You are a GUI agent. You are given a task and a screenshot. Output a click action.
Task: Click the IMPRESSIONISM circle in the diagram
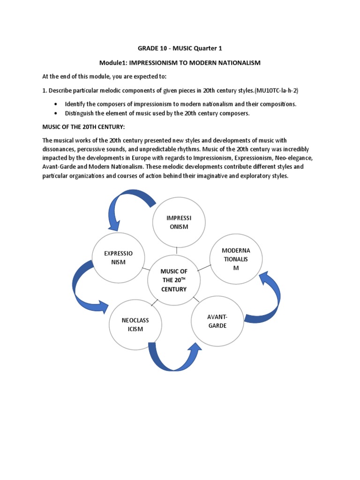[177, 222]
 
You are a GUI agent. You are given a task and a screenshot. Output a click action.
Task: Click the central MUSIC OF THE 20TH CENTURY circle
[174, 280]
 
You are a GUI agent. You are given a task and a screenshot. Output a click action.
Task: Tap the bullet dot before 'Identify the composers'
[57, 104]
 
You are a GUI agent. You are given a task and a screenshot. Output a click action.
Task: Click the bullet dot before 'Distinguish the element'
[57, 113]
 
